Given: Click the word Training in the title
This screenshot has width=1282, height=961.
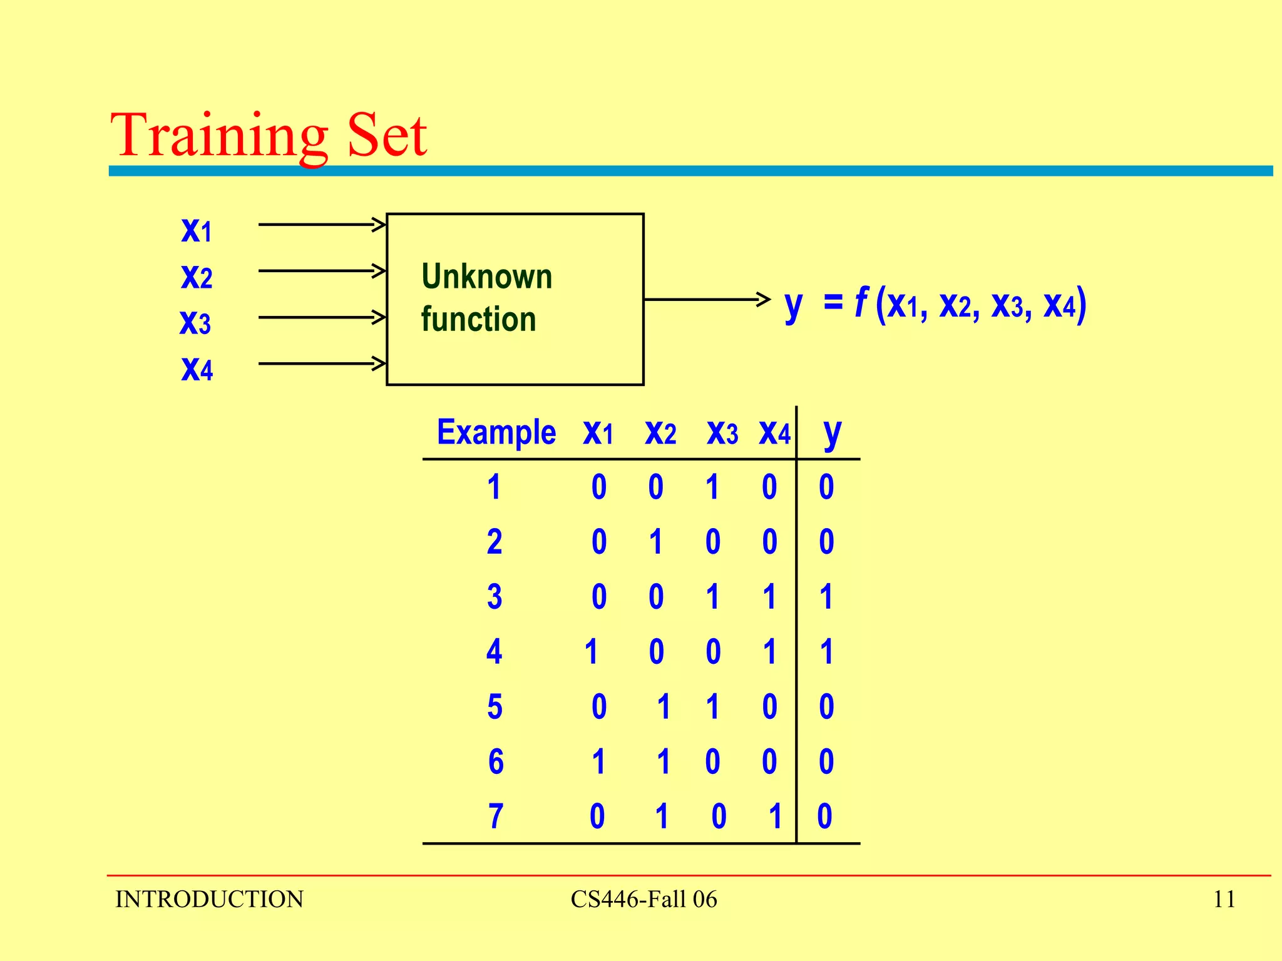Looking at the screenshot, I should [x=219, y=136].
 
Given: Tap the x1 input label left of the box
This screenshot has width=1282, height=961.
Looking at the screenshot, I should [x=197, y=230].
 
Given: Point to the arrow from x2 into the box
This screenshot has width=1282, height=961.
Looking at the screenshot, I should [x=322, y=271].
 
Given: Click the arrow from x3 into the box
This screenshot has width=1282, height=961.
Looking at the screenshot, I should [x=322, y=317].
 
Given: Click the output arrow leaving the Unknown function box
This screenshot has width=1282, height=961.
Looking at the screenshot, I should [x=706, y=300].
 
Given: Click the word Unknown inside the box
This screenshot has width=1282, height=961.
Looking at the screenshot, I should [x=487, y=277].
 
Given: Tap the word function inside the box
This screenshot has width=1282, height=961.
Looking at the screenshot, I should [x=479, y=319].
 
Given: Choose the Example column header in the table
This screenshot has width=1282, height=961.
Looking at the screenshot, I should [x=496, y=432].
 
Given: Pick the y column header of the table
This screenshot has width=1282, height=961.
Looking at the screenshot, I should [x=832, y=432].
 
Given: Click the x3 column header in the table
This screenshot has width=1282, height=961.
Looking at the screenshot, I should [x=722, y=432].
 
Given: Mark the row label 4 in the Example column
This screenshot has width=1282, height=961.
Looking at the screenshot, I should [x=495, y=652].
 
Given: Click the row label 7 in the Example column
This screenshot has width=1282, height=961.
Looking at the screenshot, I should [x=495, y=816].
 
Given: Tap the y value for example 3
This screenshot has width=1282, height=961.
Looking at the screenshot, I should [x=826, y=597].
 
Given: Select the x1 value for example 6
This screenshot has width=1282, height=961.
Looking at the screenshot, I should [x=598, y=762].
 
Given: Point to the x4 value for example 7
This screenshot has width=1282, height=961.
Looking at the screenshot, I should [x=775, y=816].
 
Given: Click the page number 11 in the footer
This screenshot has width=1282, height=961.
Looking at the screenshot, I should [x=1224, y=900].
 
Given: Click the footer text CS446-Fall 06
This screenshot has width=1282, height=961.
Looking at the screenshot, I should [x=644, y=900].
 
